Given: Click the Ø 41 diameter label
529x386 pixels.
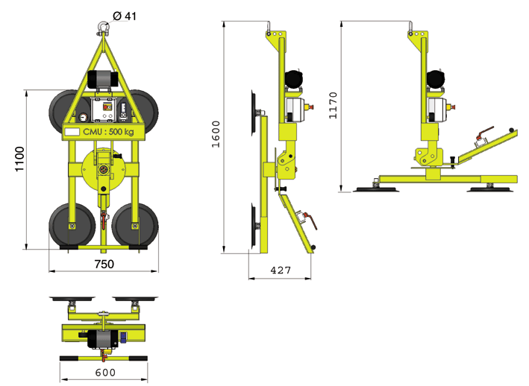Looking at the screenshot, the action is click(125, 16).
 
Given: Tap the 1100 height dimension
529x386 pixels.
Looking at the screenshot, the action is click(19, 159).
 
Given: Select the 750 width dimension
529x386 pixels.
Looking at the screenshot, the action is click(104, 264).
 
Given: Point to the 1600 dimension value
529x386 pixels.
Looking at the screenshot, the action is click(216, 134).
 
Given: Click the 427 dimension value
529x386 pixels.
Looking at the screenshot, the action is click(281, 270).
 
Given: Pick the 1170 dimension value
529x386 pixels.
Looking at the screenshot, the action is click(333, 105).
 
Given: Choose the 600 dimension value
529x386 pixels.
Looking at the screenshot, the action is click(105, 373).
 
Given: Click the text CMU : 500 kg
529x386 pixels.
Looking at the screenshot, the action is click(108, 132).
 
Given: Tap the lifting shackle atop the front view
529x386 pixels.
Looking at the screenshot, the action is click(103, 28).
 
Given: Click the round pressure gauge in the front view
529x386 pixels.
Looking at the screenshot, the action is click(83, 118).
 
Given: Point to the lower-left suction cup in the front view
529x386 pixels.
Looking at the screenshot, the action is click(72, 224).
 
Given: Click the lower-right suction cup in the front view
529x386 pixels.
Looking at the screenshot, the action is click(135, 224).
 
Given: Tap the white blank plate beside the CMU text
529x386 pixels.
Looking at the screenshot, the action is click(72, 132).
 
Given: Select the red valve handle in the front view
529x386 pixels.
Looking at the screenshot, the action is click(104, 219).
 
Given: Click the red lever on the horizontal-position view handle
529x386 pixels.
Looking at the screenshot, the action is click(484, 133).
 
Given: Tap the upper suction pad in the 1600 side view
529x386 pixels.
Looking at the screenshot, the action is click(254, 113).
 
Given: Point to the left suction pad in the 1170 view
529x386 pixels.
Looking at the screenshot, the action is click(375, 189).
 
